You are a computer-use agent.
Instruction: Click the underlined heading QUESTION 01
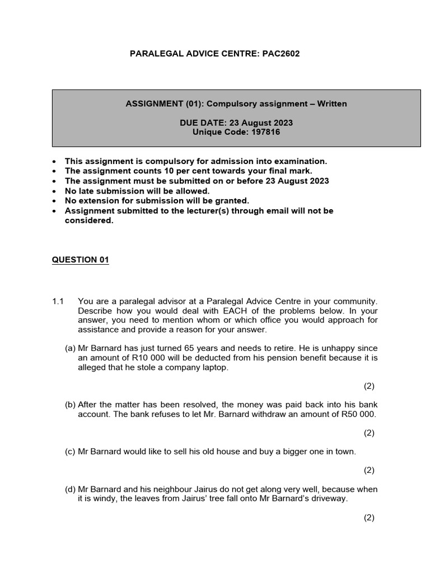(80, 260)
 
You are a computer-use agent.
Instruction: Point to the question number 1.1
(59, 301)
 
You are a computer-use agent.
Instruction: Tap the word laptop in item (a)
(214, 367)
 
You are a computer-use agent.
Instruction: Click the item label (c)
(71, 451)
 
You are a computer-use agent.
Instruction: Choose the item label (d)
(71, 489)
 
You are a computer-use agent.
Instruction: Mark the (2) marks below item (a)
(369, 386)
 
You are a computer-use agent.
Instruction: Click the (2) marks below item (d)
(369, 518)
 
